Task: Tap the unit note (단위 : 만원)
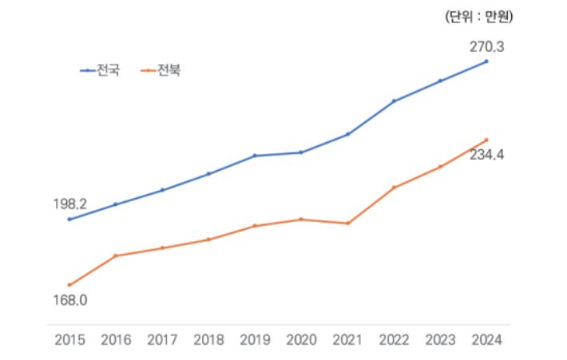(x=478, y=15)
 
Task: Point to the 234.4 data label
(x=486, y=155)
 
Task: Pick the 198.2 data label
(x=69, y=204)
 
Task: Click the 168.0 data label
(x=69, y=300)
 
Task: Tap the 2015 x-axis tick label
(x=69, y=339)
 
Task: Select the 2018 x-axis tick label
(x=208, y=339)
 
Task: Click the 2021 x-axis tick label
(x=347, y=339)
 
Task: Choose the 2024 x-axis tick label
(x=486, y=339)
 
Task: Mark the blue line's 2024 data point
(x=486, y=61)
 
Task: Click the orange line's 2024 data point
(x=486, y=140)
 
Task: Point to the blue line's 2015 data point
(x=69, y=219)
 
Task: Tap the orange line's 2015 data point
(x=69, y=285)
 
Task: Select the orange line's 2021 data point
(x=347, y=224)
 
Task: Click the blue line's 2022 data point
(x=394, y=101)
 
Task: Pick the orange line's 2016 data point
(x=116, y=255)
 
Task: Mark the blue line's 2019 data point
(x=255, y=156)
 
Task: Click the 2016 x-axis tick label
(x=116, y=339)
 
